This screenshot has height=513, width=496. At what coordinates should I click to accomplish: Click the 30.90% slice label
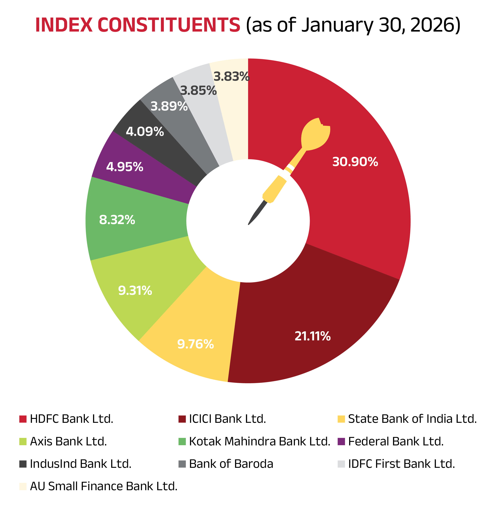coord(355,162)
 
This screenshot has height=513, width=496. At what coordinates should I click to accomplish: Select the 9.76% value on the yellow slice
coord(195,344)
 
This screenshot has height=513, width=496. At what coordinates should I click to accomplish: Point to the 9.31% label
coord(135,291)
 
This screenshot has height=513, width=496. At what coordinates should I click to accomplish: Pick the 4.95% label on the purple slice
coord(124,167)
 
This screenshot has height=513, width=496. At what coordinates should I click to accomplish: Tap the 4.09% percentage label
coord(145,132)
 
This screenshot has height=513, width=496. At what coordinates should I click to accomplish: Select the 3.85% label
coord(198,91)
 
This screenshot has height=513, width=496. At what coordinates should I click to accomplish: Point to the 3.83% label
coord(231,77)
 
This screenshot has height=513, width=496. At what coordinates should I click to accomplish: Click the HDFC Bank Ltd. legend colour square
coord(23,419)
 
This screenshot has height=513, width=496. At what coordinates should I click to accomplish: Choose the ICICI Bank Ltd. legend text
coord(227,419)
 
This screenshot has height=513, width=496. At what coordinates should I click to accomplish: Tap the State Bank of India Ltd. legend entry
coord(412,419)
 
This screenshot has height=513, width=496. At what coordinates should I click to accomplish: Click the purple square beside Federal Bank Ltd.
coord(341,441)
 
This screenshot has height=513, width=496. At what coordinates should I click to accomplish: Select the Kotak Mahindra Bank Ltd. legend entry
coord(259,441)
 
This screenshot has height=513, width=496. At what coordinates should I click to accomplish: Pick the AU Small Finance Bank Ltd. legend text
coord(104,486)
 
